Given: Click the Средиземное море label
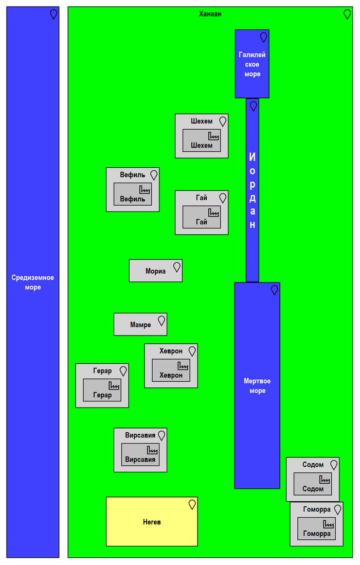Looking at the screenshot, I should tap(32, 282).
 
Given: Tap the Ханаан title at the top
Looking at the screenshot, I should tap(210, 14).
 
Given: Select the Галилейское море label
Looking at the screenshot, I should tap(252, 64).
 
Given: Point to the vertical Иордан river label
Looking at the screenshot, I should tap(252, 190).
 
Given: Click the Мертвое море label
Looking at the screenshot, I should tap(257, 386).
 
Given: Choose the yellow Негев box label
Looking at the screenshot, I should tap(152, 522).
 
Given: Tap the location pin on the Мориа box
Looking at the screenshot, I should tap(177, 267).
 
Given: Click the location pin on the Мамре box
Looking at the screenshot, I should tap(161, 321).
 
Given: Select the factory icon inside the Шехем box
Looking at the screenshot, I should tap(214, 136).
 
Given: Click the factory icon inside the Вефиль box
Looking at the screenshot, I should tap(145, 189).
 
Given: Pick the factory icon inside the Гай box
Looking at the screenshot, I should tap(214, 213).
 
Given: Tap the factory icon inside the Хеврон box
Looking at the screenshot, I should tap(183, 366).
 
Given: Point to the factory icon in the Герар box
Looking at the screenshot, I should tap(114, 385).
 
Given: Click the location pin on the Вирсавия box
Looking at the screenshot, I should tap(161, 435).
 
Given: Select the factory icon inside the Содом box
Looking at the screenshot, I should tap(325, 479).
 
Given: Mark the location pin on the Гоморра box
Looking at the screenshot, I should tap(338, 509).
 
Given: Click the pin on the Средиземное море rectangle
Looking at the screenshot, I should tap(53, 14).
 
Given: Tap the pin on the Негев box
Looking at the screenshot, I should tap(192, 504).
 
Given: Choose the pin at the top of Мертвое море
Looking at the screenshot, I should tap(275, 290).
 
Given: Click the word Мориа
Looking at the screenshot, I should tap(155, 271).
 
